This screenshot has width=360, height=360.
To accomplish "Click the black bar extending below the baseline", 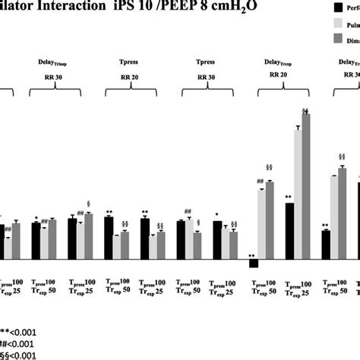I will click(253, 263).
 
